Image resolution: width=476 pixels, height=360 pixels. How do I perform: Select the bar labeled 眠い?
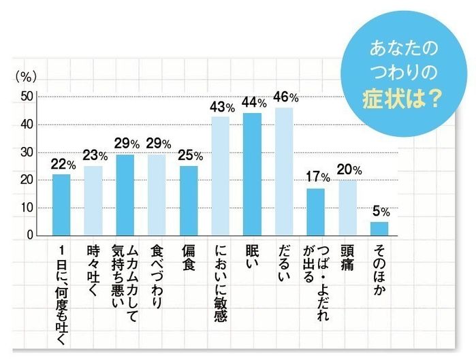[x=252, y=174]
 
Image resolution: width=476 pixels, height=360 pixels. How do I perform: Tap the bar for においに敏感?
[x=220, y=176]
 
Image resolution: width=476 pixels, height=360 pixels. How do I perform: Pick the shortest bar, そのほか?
[x=379, y=229]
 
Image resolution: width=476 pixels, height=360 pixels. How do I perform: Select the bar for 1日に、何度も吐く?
[x=61, y=205]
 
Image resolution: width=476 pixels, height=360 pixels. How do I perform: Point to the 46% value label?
[x=285, y=97]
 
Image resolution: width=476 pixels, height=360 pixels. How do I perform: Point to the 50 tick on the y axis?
[x=27, y=97]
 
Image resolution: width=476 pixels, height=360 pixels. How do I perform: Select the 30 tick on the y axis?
[x=27, y=152]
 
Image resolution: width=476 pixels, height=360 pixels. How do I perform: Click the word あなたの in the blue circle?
[x=401, y=50]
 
